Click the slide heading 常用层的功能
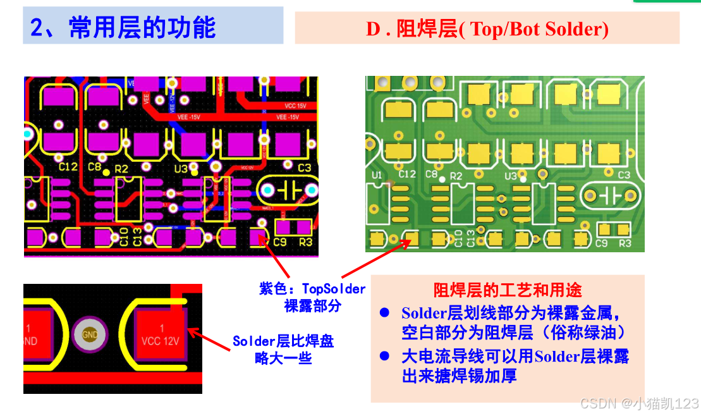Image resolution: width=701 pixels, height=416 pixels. (123, 28)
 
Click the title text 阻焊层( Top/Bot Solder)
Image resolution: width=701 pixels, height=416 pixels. (487, 29)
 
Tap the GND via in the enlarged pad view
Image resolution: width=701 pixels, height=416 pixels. (89, 334)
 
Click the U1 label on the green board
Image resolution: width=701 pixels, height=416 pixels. (377, 174)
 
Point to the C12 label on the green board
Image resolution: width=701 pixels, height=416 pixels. (408, 174)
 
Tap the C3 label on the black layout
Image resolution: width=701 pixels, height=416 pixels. (304, 168)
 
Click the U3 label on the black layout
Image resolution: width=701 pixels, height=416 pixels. (181, 169)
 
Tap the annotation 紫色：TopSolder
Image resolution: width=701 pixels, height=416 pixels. (312, 289)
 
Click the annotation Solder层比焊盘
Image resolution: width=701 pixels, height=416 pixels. (283, 341)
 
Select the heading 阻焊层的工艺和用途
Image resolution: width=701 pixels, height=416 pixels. (508, 290)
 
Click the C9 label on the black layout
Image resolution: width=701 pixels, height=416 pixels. (280, 242)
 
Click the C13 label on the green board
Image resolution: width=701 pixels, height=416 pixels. (470, 238)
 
